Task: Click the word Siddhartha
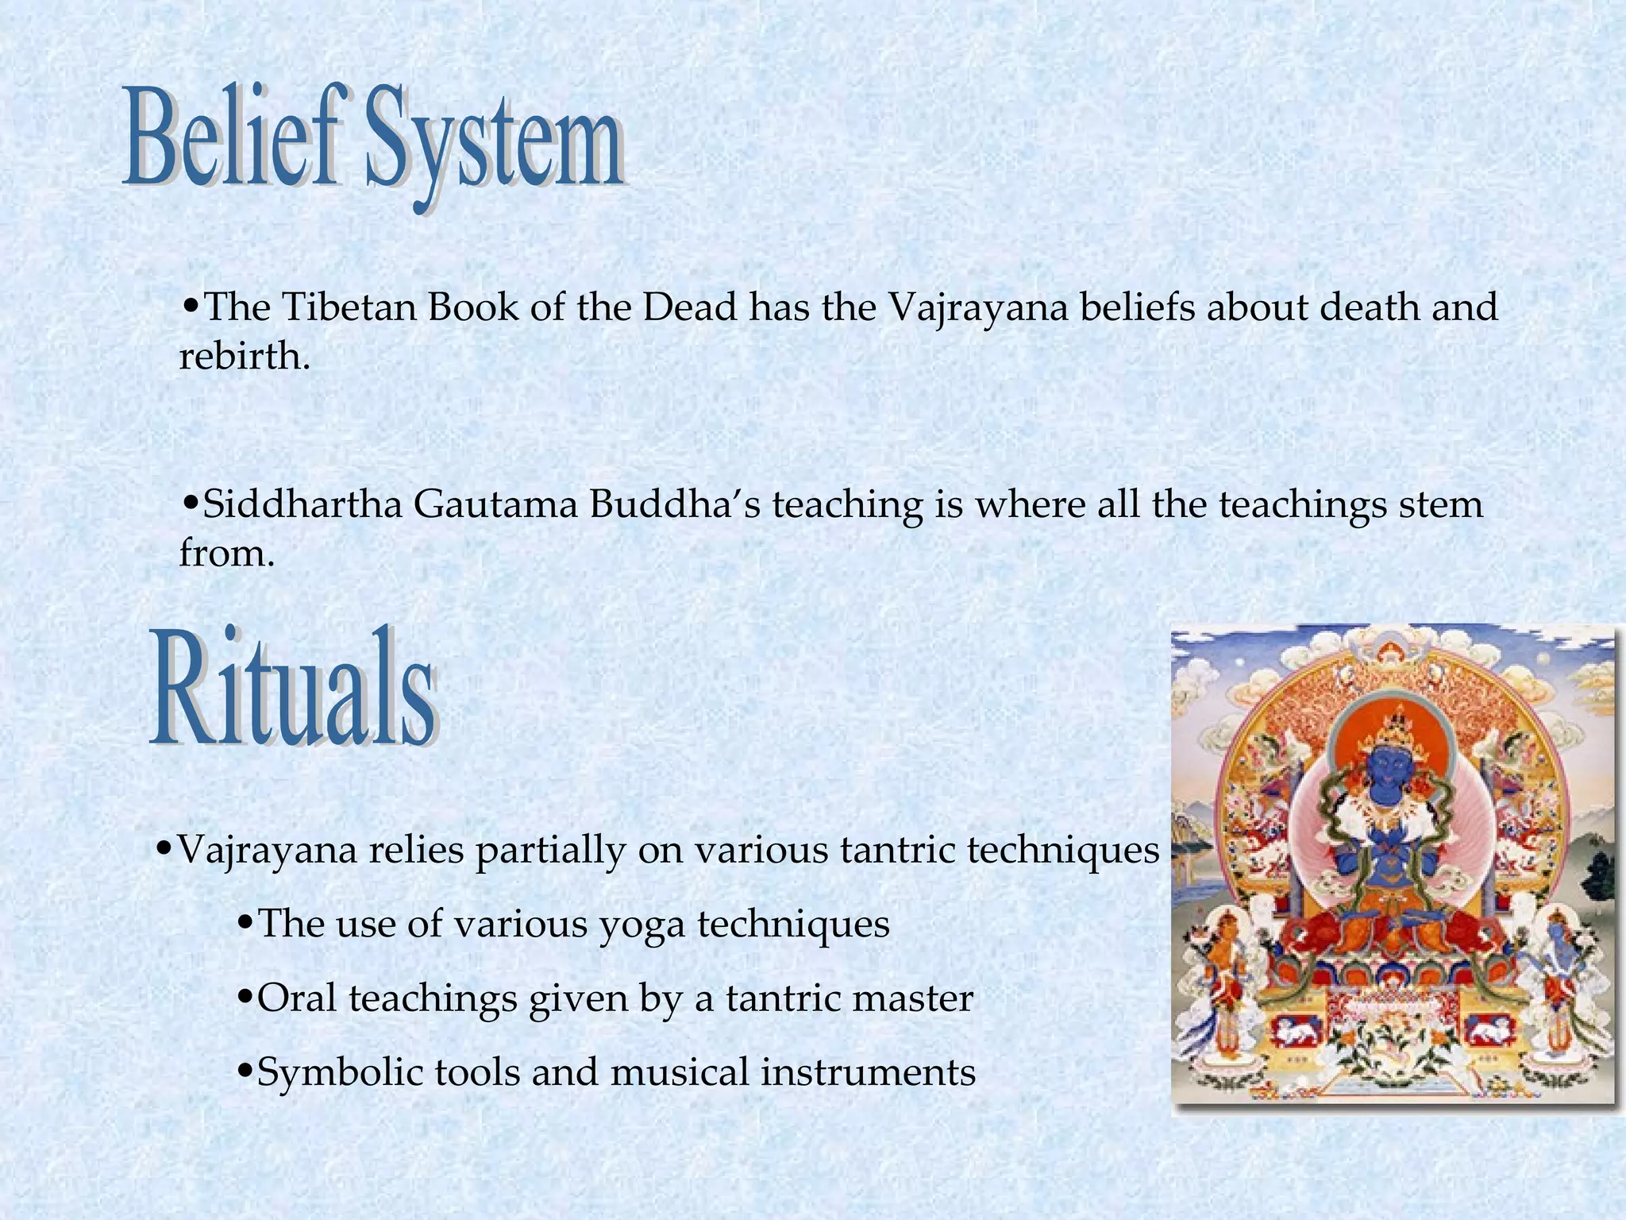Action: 302,504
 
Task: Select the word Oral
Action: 297,998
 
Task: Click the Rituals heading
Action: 294,688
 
